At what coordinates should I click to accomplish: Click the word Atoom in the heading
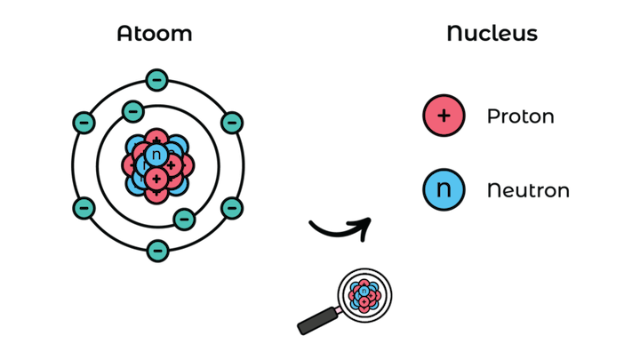[155, 35]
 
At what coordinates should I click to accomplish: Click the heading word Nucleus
[492, 35]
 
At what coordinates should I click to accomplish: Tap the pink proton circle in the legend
[444, 116]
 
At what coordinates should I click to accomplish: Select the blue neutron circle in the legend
[444, 189]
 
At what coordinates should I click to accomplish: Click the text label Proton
[521, 116]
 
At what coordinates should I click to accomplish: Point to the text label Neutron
[528, 190]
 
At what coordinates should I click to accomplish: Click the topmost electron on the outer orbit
[157, 80]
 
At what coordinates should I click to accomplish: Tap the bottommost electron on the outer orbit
[157, 250]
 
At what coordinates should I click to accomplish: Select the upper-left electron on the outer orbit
[84, 122]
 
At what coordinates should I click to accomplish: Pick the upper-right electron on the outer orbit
[232, 122]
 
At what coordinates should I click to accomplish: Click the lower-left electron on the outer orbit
[84, 208]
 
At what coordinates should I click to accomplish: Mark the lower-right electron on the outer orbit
[232, 208]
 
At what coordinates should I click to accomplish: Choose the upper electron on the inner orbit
[132, 111]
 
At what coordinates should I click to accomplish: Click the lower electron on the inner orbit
[183, 219]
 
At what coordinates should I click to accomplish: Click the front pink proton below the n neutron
[157, 180]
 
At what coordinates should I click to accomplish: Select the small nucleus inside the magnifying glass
[364, 293]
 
